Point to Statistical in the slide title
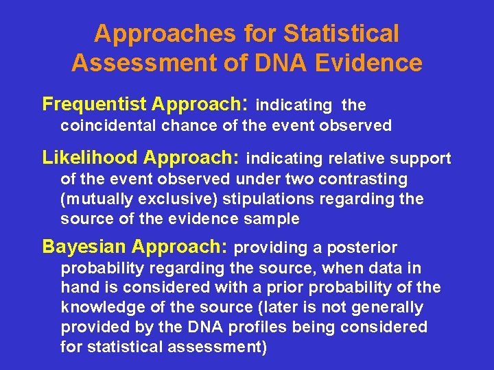pyautogui.click(x=341, y=33)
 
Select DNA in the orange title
pyautogui.click(x=272, y=63)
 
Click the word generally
pyautogui.click(x=390, y=308)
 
